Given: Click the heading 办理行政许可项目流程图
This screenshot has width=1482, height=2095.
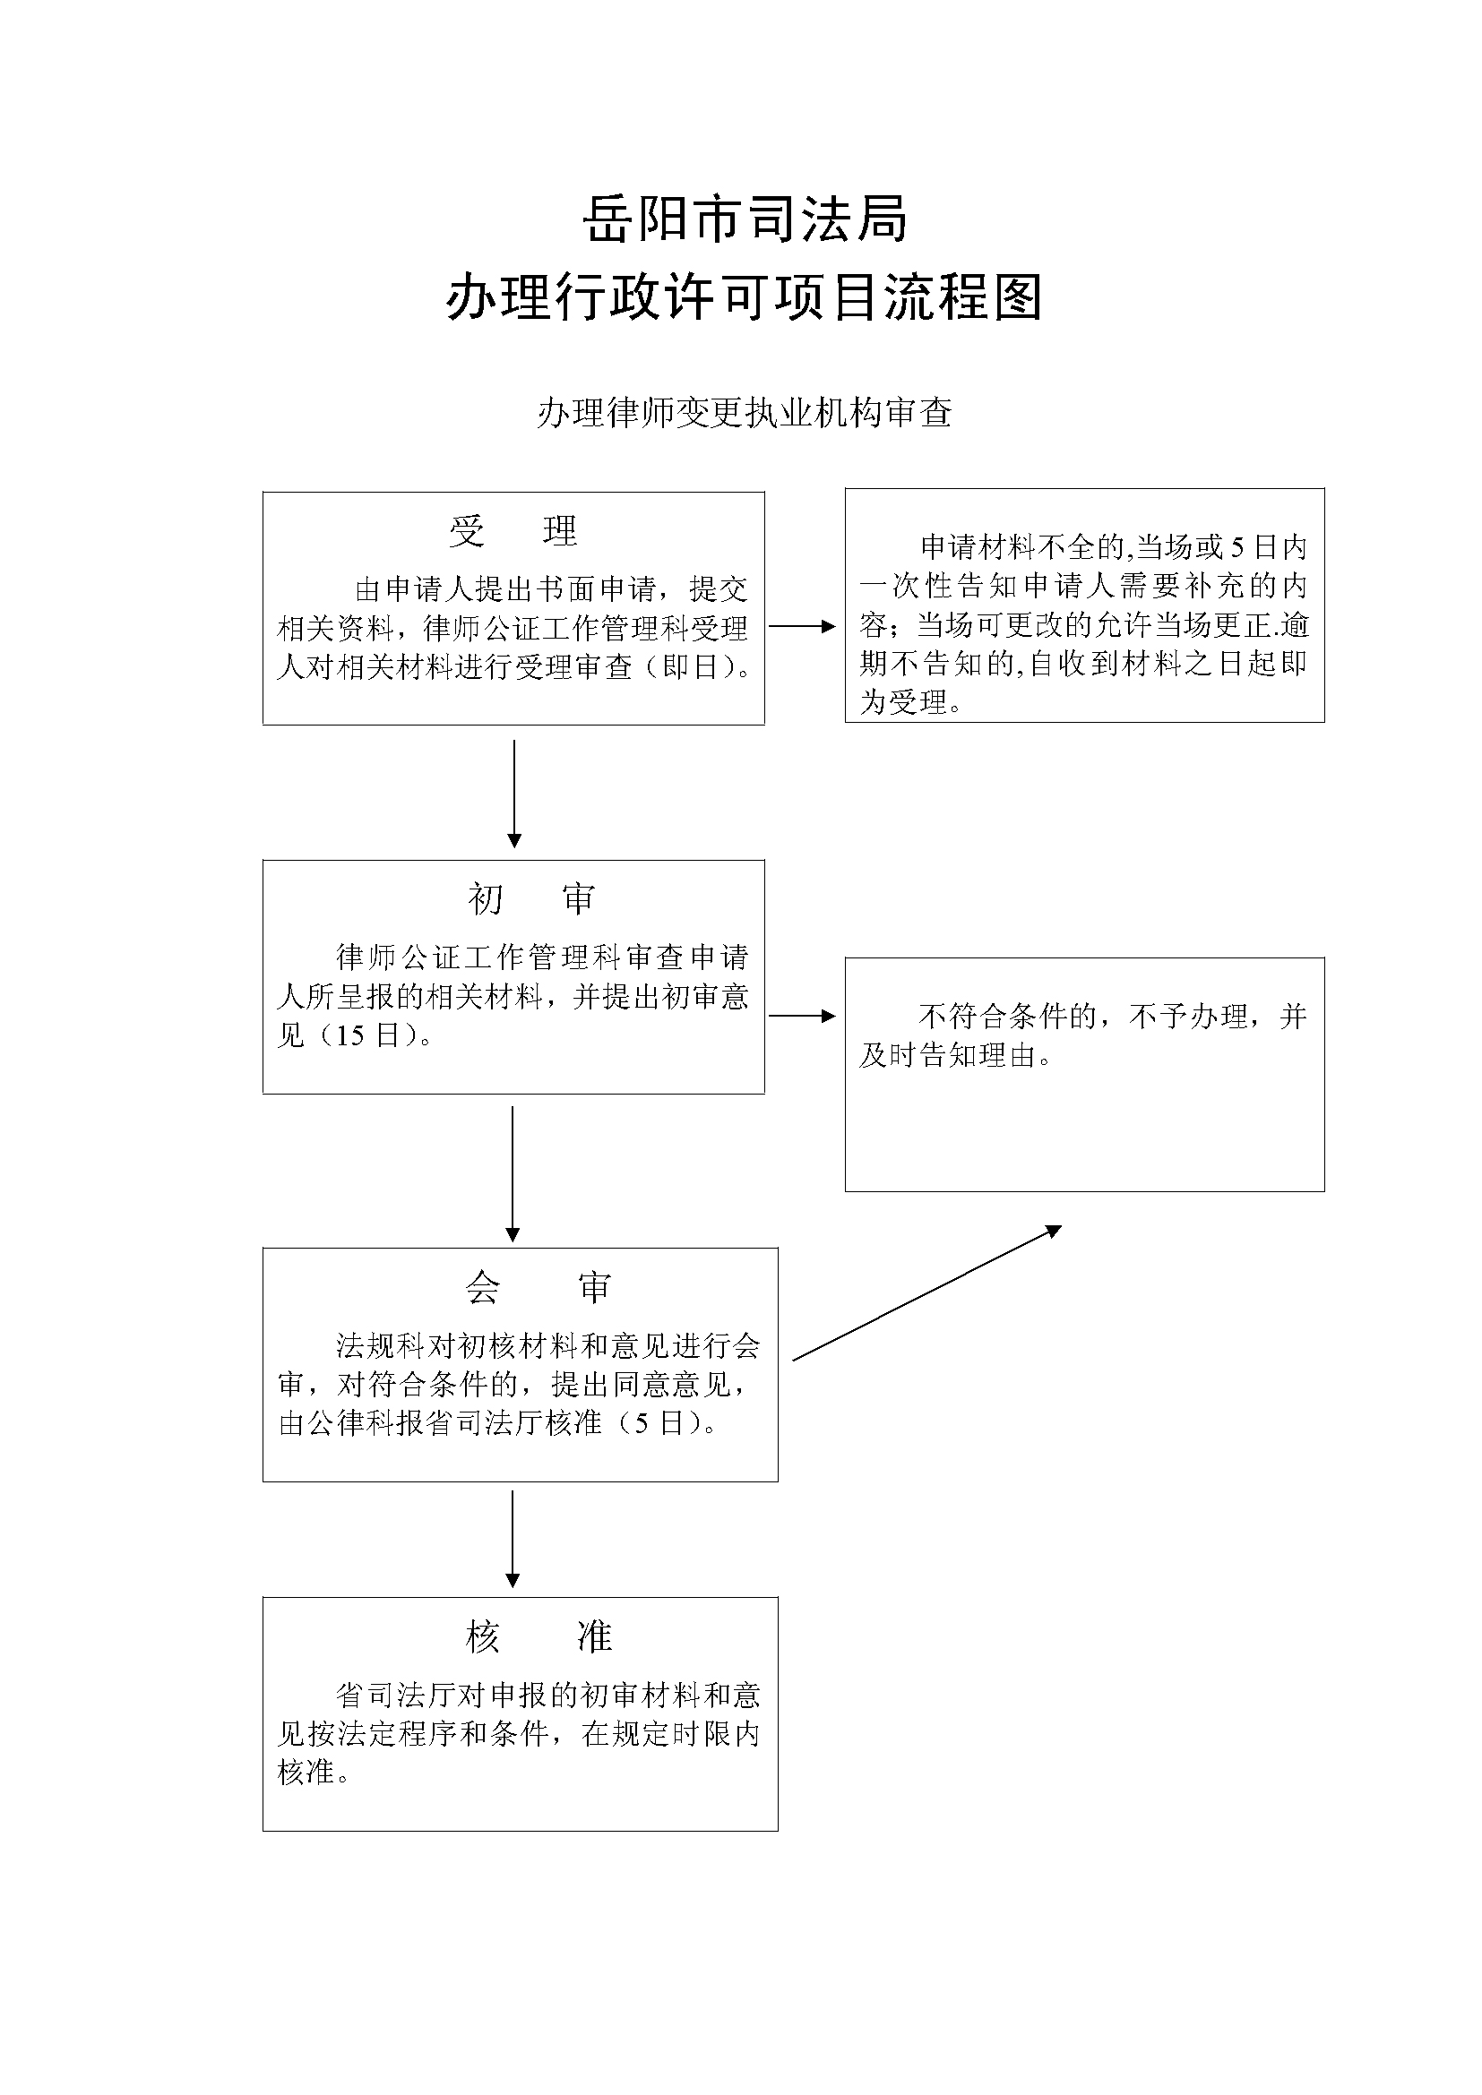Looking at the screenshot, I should coord(745,297).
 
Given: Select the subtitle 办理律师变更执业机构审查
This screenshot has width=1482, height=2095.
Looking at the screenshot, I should coord(745,413).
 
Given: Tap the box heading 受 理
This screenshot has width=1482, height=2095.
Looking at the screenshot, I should coord(513,531).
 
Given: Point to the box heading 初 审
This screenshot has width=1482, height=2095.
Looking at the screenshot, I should coord(531,899).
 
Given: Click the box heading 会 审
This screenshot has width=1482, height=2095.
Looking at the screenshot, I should coord(538,1287).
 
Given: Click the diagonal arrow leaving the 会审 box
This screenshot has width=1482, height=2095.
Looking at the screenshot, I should coord(926,1293).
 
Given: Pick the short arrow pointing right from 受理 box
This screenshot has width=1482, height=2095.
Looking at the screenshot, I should coord(802,626).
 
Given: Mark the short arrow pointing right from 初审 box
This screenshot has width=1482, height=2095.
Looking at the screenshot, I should coord(802,1016).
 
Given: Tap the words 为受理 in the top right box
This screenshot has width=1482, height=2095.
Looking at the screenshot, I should coord(904,702).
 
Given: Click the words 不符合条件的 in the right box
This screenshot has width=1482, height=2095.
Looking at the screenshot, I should coord(1006,1017).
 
